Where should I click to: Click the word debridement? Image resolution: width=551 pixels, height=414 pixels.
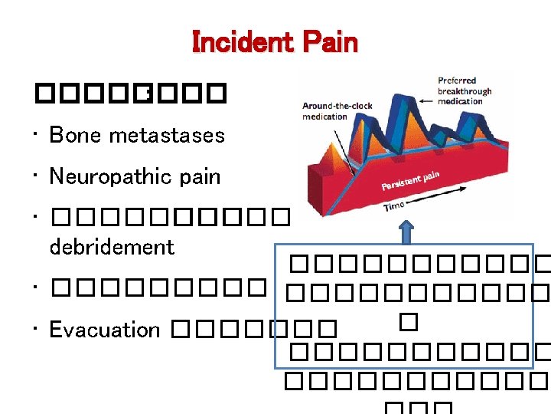tap(112, 247)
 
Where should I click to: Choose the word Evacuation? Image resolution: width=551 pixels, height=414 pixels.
tap(104, 330)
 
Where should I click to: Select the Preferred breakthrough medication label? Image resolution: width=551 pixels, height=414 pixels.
tap(465, 90)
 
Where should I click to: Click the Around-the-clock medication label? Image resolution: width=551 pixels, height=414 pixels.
tap(336, 111)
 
